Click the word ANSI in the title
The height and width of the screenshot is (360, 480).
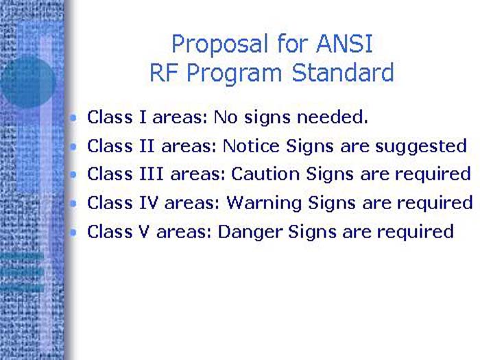tap(344, 44)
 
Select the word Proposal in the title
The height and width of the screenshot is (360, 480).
tap(213, 44)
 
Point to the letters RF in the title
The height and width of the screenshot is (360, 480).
tap(162, 73)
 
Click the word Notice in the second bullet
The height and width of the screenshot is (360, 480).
tap(248, 146)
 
